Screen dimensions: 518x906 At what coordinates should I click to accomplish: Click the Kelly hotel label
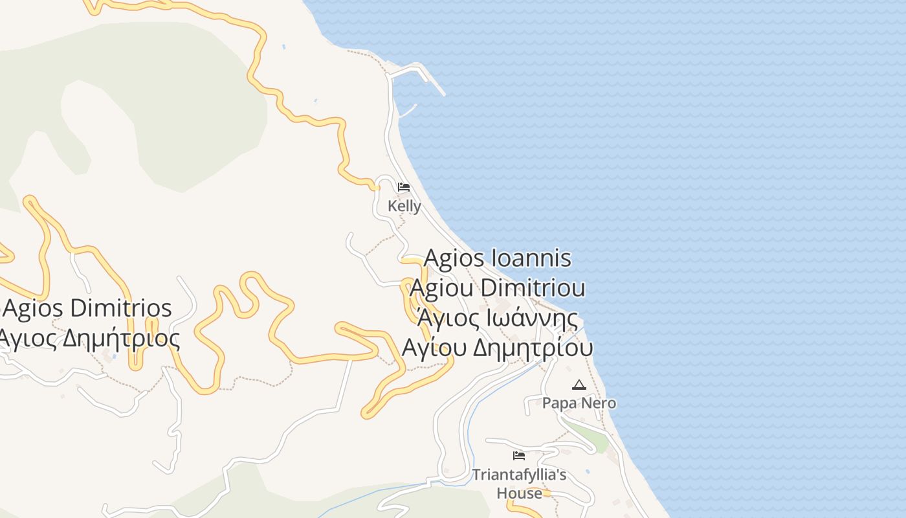tap(404, 207)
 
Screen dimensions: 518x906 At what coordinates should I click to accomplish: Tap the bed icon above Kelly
tap(404, 188)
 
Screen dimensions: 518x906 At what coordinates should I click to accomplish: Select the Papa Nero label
tap(579, 403)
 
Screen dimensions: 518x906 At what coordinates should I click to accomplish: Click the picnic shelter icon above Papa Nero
tap(579, 385)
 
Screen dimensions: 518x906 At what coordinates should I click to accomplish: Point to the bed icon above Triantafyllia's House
tap(519, 456)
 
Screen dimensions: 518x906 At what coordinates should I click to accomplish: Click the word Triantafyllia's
tap(519, 475)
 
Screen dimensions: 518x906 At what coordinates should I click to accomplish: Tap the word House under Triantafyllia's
tap(519, 493)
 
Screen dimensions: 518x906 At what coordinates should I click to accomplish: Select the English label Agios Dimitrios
tap(87, 308)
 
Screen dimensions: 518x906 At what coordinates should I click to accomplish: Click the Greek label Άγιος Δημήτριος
tap(89, 338)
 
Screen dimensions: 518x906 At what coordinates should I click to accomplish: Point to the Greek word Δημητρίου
tap(533, 348)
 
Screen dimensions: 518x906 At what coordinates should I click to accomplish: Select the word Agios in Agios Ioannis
tap(454, 258)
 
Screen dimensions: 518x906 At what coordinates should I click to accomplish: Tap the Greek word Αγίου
tap(434, 348)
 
